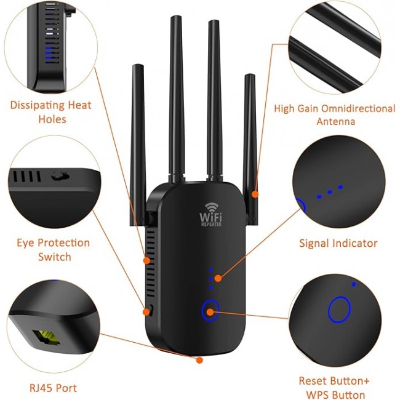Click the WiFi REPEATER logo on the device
point(210,214)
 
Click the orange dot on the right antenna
point(255,194)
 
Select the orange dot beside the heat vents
point(146,260)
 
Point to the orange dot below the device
point(199,360)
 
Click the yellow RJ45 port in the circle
point(46,337)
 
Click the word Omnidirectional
point(358,109)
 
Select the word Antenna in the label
point(336,121)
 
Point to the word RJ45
point(41,388)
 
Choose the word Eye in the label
point(25,243)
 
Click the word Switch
point(55,257)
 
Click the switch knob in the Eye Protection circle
point(60,175)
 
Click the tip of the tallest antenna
point(176,17)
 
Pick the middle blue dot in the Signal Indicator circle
point(330,192)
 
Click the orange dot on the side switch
point(146,312)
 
